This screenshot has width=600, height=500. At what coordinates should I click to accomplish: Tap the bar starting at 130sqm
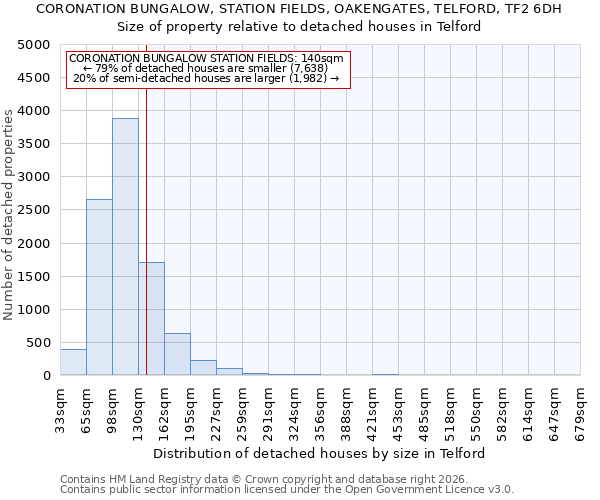151,319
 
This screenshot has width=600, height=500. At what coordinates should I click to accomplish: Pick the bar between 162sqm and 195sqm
177,354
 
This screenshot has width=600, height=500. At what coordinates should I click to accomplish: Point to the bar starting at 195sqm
203,367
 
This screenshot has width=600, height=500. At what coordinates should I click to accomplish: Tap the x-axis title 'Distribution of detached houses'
320,453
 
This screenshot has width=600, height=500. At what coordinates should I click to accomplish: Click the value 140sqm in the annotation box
325,59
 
